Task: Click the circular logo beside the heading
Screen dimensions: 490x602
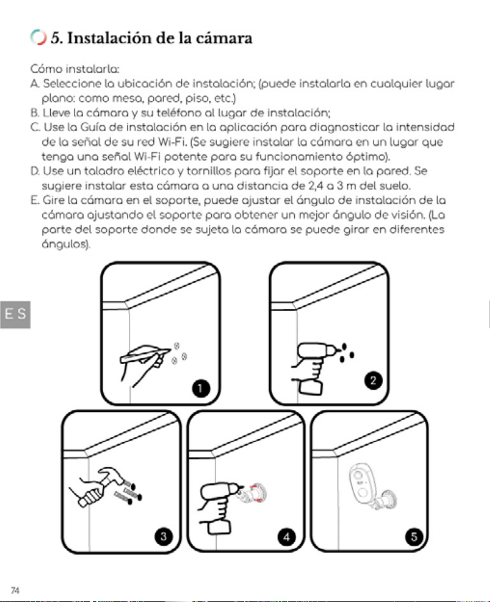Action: [x=38, y=37]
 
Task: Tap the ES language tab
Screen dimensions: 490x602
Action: [x=16, y=315]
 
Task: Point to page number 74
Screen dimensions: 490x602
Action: [x=15, y=591]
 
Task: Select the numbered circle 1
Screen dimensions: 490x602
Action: [x=201, y=388]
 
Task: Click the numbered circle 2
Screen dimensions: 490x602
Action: [x=373, y=380]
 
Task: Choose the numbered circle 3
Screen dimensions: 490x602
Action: [x=164, y=536]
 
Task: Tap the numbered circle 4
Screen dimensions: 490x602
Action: [x=286, y=536]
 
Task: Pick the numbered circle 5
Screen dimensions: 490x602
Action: [x=414, y=536]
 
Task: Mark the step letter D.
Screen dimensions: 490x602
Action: [x=35, y=171]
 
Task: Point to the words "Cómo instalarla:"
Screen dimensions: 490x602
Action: [x=75, y=70]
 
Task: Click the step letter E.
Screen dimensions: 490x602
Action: [x=35, y=200]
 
